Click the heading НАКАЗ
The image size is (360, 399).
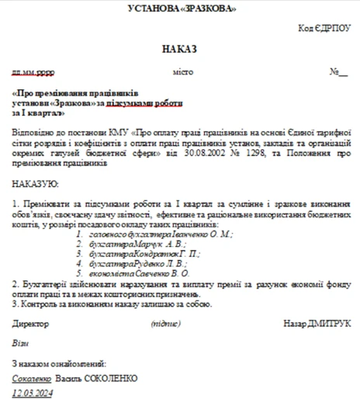click(x=180, y=49)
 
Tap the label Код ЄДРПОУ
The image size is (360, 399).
click(x=324, y=28)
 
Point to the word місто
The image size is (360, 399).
click(x=183, y=72)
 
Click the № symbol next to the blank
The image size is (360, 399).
click(x=334, y=72)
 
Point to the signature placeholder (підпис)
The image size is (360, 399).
click(x=166, y=323)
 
